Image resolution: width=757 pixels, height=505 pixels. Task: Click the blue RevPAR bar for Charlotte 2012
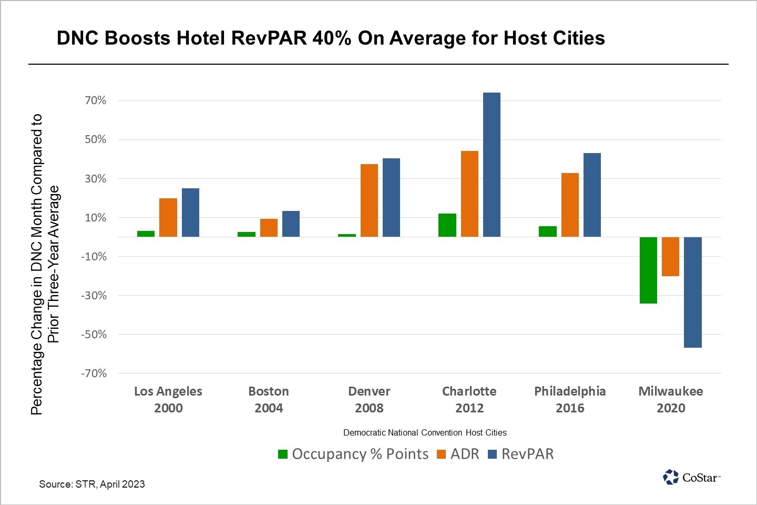[x=492, y=165]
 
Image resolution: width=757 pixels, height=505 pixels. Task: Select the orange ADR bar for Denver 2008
[x=369, y=200]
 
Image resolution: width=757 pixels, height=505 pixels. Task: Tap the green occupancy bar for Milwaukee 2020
[x=648, y=270]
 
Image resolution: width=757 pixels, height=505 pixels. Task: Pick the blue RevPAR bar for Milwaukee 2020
[x=692, y=292]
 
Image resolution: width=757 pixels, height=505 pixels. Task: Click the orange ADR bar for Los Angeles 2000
[x=168, y=217]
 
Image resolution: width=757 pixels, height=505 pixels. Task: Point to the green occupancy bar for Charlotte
[x=447, y=225]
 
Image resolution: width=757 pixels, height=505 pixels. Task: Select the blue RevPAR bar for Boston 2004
[x=291, y=224]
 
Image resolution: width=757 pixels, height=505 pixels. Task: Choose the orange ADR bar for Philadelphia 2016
[x=570, y=205]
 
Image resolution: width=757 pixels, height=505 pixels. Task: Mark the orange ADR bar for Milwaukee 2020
[x=670, y=256]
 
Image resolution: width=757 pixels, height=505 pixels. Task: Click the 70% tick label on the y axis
[x=96, y=100]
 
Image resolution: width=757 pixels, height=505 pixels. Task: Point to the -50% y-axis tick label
[x=94, y=335]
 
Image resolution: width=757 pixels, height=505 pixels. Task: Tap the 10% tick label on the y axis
[x=96, y=218]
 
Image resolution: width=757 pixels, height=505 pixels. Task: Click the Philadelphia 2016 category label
[x=570, y=399]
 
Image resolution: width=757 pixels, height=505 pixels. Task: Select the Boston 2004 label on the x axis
[x=269, y=399]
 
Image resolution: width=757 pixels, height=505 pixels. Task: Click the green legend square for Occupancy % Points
[x=283, y=454]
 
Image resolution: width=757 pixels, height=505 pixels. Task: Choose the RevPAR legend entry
[x=521, y=454]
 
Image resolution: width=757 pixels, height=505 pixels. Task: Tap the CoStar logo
[x=691, y=477]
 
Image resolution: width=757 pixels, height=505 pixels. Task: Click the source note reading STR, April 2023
[x=92, y=484]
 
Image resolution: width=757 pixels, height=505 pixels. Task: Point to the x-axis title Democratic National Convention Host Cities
[x=425, y=432]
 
